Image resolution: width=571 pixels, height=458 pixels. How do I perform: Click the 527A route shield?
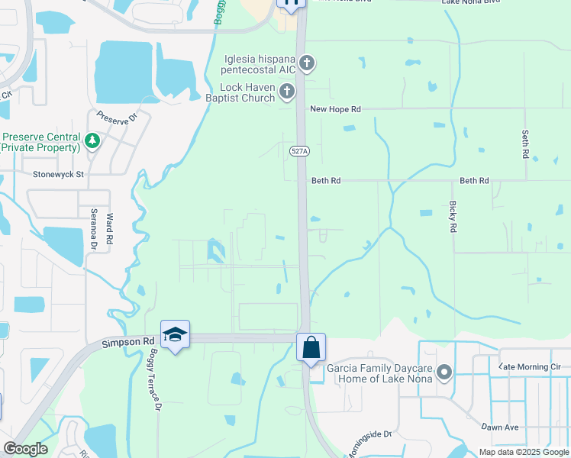point(300,152)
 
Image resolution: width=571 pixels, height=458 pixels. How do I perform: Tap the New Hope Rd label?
point(334,109)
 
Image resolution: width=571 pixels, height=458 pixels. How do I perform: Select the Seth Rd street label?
point(525,144)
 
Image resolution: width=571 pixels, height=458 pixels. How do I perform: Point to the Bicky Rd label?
point(453,218)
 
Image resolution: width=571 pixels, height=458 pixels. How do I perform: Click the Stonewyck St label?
point(57,174)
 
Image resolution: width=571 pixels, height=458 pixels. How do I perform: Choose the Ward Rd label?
point(110,228)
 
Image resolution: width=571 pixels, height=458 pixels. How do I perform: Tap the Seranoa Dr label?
point(94,229)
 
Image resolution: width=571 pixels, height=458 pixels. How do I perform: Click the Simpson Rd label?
point(128,344)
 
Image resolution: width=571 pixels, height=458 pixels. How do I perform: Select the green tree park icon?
point(92,140)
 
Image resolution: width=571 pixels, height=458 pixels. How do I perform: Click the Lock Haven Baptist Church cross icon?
point(287,92)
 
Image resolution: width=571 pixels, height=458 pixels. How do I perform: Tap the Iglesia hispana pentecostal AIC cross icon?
point(306,63)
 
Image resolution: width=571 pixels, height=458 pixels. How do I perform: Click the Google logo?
point(25,449)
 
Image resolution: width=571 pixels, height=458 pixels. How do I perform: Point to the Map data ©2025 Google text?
point(524,452)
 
